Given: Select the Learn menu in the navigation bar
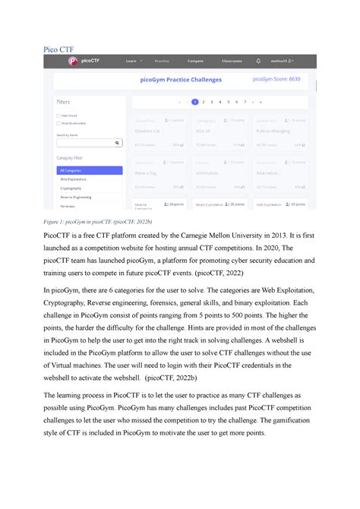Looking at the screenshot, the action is (132, 61).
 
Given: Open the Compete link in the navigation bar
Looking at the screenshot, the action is (195, 61).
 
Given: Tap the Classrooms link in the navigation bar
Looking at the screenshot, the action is (232, 61).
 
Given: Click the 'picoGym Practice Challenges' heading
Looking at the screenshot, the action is (180, 79).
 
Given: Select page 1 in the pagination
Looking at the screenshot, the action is (195, 101).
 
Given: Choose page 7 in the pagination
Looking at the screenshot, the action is (245, 101).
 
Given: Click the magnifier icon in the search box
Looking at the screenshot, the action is (117, 142).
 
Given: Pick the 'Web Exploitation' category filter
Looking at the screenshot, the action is (74, 179).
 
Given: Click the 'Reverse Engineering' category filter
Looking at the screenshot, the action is (77, 197).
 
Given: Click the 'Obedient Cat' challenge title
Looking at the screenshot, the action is (147, 130).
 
